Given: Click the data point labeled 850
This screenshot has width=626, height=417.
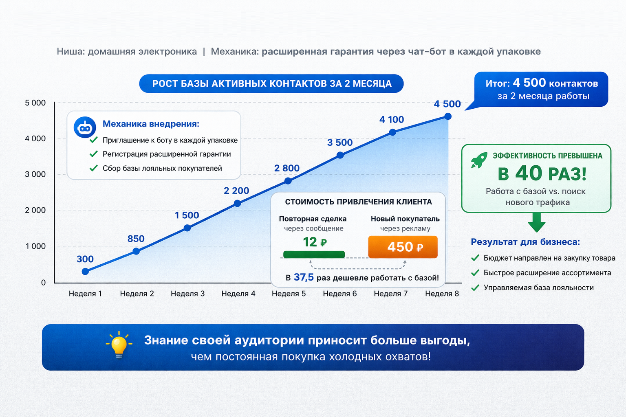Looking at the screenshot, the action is point(136,251).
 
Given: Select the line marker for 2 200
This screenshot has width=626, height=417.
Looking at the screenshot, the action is point(237,203).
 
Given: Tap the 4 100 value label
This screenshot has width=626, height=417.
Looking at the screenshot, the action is point(392,120).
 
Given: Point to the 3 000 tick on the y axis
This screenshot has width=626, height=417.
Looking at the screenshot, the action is point(35,174).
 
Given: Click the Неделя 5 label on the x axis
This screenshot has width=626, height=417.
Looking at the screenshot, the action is point(289,294).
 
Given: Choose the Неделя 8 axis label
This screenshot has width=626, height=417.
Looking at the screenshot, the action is point(442,294).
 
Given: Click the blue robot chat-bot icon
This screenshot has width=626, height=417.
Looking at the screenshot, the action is point(85,127).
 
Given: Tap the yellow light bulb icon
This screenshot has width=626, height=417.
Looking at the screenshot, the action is point(119,345).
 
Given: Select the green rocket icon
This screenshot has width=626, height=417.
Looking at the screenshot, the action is point(479,160).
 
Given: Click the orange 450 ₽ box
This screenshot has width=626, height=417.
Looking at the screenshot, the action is point(403,247).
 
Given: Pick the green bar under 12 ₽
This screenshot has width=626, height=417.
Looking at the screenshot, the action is point(314,255).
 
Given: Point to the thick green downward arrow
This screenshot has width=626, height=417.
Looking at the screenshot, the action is point(537,222).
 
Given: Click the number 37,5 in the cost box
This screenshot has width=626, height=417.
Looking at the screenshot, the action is point(304,277).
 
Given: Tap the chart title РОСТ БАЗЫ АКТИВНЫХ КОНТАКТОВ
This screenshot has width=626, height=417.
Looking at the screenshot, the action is point(272,83).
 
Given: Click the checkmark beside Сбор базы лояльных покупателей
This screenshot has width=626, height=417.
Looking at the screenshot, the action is point(93,168).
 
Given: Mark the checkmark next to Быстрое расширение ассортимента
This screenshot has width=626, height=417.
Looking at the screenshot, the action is point(475,272).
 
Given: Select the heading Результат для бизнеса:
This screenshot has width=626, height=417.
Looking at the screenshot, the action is point(525,242).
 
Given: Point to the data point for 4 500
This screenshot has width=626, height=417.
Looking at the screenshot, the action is point(448,116).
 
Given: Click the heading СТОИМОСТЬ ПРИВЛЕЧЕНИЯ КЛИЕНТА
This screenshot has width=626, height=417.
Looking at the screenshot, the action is point(359,202).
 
